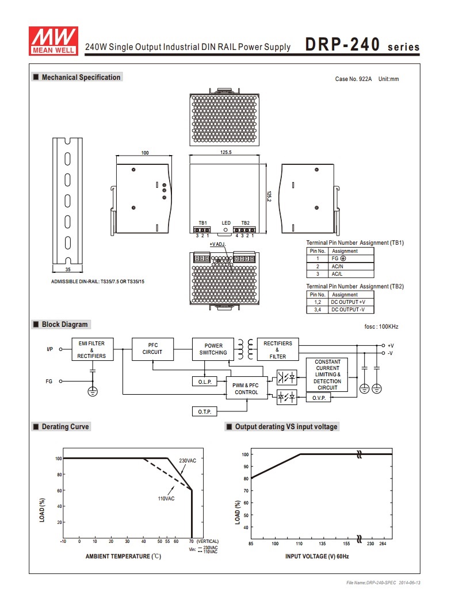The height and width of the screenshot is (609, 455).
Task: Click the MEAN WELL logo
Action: [53, 41]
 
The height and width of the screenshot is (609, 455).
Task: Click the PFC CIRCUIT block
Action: [152, 349]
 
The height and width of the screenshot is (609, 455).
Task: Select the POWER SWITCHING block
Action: [213, 349]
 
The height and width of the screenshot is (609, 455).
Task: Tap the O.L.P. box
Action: [205, 381]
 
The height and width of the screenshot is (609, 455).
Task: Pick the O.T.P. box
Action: [205, 411]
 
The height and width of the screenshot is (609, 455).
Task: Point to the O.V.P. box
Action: [319, 398]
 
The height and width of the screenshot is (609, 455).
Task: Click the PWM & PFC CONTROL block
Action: [247, 388]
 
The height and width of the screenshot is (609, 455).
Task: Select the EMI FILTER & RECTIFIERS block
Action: [92, 349]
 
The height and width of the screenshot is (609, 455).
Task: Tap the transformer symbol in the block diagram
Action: [246, 349]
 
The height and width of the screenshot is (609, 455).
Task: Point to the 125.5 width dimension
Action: [225, 152]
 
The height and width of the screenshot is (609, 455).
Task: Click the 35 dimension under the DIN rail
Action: [68, 269]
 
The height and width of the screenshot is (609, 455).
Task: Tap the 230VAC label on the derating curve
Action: [188, 461]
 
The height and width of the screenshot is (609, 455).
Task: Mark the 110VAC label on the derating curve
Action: [166, 498]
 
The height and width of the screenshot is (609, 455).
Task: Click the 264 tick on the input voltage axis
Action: [383, 544]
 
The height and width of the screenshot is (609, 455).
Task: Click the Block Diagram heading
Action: [64, 324]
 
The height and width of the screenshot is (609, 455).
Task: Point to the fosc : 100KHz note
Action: [381, 327]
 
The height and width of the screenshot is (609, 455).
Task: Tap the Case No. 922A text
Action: [353, 79]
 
